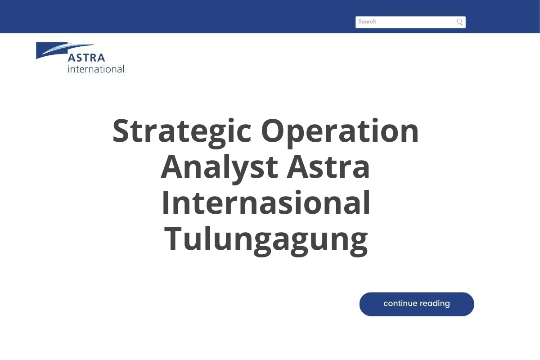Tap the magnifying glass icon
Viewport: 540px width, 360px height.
pos(459,22)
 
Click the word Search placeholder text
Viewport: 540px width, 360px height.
pos(367,22)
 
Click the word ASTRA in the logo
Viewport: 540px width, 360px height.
pos(86,58)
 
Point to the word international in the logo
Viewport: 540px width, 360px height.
pos(95,69)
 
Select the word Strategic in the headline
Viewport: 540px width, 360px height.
pos(181,131)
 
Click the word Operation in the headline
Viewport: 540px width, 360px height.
pos(340,131)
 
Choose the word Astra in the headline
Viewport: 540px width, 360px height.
pos(328,167)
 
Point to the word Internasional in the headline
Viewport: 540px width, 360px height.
pos(265,203)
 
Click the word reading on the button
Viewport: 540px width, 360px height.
pos(433,304)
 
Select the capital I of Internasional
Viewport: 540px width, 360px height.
pos(165,203)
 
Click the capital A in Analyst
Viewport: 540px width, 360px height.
pos(172,167)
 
